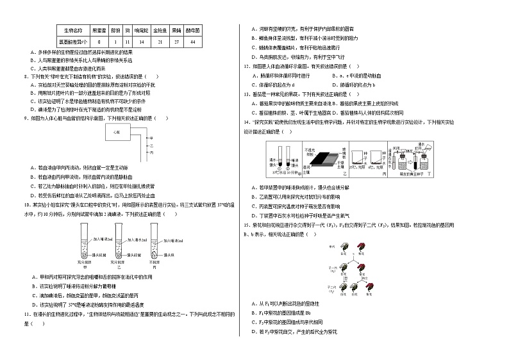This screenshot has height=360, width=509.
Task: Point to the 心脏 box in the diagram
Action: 117,131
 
